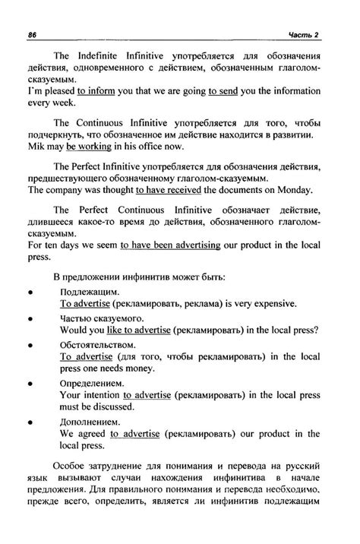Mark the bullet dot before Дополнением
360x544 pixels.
pyautogui.click(x=30, y=422)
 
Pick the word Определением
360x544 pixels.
pyautogui.click(x=91, y=385)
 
